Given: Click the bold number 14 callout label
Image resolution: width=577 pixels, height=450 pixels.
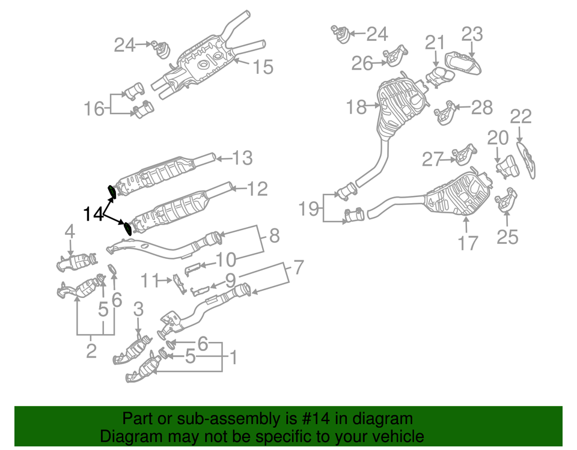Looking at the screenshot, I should [x=93, y=213].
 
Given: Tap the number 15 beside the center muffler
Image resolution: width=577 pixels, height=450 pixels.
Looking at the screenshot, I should [x=263, y=67].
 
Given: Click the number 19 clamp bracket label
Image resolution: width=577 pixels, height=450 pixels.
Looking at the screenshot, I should [x=311, y=208].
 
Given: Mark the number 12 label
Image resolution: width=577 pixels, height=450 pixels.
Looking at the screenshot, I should [x=256, y=190].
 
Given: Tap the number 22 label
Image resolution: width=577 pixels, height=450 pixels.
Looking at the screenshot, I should [x=521, y=117].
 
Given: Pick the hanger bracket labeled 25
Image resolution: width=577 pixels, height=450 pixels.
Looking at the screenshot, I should [x=506, y=201].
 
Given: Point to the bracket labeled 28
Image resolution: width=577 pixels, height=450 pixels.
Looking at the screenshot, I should [x=445, y=113].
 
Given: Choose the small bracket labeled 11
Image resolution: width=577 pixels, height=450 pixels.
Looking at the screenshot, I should [x=178, y=283].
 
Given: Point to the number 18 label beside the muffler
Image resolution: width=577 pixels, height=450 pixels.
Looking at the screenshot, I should [x=356, y=108].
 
